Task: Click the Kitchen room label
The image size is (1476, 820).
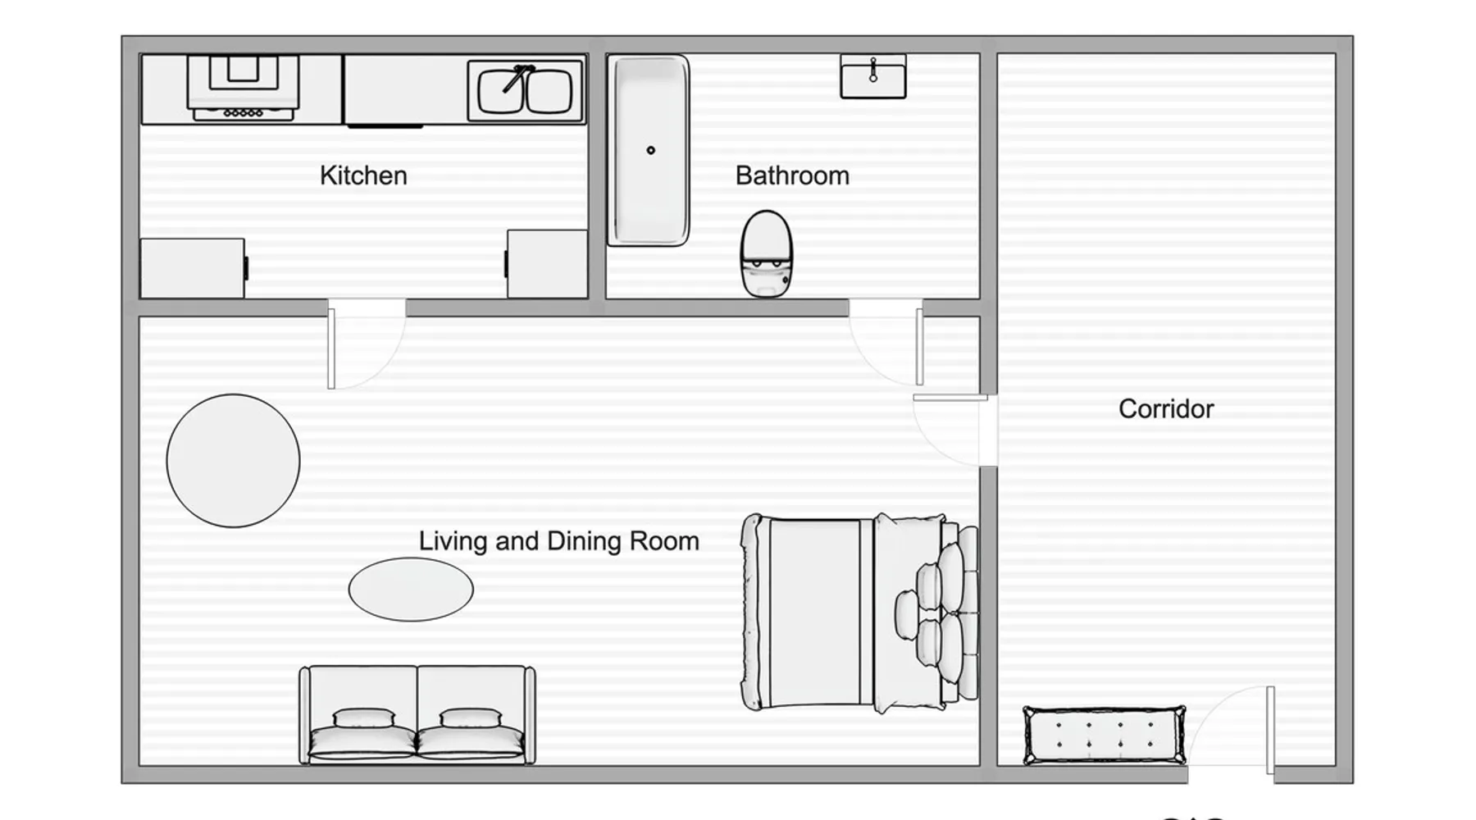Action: [363, 175]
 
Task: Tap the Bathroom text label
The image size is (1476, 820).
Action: [792, 175]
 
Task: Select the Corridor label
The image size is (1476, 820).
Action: [1166, 409]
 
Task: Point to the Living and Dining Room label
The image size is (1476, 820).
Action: [559, 541]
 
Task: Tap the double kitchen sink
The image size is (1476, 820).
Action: [525, 91]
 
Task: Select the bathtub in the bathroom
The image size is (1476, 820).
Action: [648, 151]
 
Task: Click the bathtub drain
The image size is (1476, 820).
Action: [651, 150]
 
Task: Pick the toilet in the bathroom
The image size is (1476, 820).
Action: [766, 253]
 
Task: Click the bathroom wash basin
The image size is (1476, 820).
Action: [873, 76]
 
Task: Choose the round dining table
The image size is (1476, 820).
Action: [233, 461]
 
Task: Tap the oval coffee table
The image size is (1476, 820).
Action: [411, 590]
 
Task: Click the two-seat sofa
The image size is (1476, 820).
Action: [417, 715]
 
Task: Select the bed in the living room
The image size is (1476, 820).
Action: [860, 613]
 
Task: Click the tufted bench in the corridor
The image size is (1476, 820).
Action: [1105, 735]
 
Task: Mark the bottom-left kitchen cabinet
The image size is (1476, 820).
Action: [193, 268]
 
